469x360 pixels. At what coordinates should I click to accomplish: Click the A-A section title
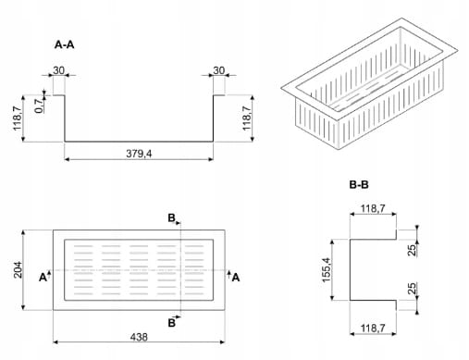(64, 44)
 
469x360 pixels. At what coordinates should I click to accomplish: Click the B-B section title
(359, 185)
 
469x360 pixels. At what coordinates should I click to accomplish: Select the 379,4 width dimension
(139, 154)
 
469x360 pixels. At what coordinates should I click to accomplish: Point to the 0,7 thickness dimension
(40, 106)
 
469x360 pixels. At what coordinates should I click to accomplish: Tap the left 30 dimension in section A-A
(58, 70)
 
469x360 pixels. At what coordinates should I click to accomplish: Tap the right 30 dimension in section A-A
(219, 70)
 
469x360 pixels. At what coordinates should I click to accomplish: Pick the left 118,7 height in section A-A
(18, 118)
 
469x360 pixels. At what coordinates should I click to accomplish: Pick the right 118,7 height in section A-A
(247, 118)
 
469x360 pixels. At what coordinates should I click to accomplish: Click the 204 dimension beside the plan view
(18, 270)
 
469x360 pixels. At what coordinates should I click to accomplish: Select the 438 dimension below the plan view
(139, 337)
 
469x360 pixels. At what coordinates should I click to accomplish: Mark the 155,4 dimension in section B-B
(327, 269)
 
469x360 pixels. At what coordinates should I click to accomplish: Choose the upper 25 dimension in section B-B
(413, 250)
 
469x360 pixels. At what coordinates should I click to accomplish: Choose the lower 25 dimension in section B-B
(413, 289)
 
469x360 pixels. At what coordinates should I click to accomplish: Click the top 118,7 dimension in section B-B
(373, 209)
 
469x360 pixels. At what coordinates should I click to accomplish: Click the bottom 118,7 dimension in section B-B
(373, 328)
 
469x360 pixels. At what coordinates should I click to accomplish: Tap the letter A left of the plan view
(43, 278)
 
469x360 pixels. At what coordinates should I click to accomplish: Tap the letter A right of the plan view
(236, 278)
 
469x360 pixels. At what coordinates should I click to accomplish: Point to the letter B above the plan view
(171, 218)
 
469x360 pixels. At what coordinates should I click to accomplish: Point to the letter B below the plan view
(171, 323)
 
